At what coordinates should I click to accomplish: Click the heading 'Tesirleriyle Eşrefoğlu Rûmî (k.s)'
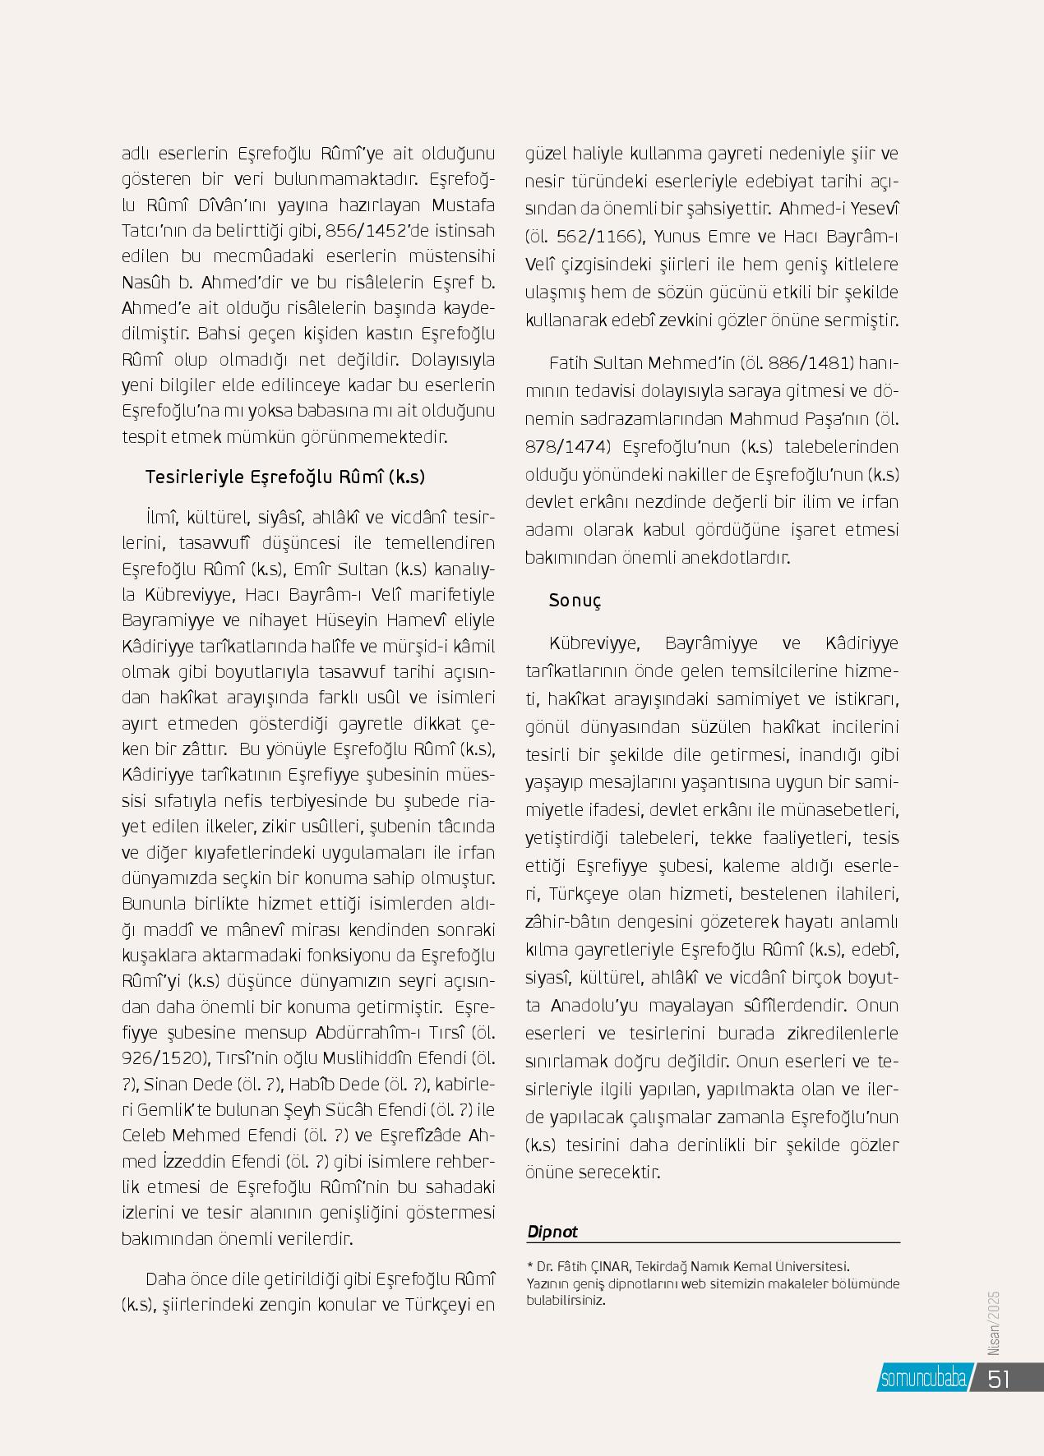pyautogui.click(x=285, y=477)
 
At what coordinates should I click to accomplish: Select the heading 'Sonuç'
pyautogui.click(x=575, y=601)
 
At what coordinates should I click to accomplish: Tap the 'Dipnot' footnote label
pyautogui.click(x=552, y=1232)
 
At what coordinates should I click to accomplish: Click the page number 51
pyautogui.click(x=998, y=1380)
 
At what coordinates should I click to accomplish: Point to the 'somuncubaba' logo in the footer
pyautogui.click(x=922, y=1380)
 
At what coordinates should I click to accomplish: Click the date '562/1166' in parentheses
pyautogui.click(x=598, y=237)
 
